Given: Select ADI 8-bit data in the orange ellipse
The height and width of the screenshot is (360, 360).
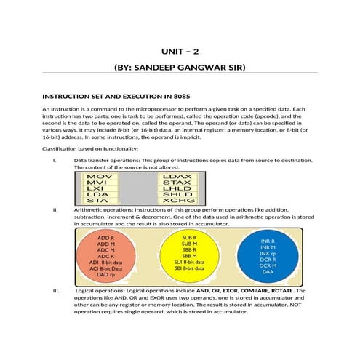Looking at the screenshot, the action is pos(105,262).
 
